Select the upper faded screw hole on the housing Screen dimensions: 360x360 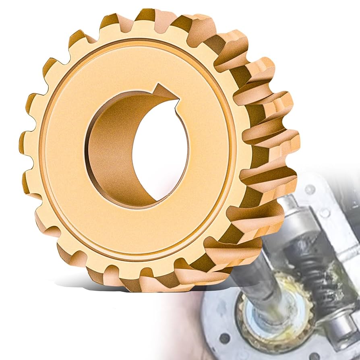coord(310,190)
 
